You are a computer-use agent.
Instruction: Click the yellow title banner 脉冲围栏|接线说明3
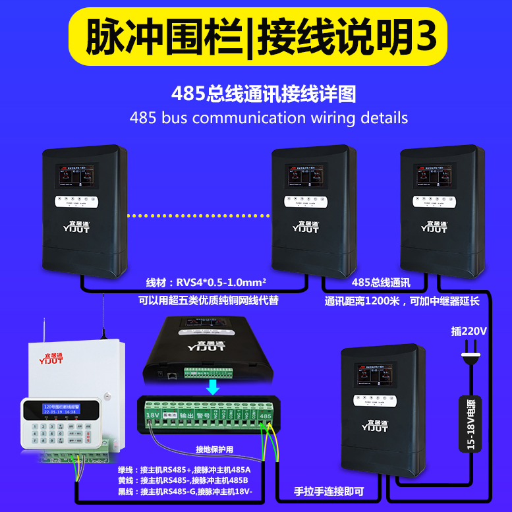click(x=256, y=36)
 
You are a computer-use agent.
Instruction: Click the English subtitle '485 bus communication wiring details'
click(x=269, y=118)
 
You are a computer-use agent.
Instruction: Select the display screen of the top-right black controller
click(x=441, y=177)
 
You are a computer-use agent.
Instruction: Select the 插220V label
click(x=469, y=331)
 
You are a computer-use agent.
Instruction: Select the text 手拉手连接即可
click(x=328, y=492)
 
